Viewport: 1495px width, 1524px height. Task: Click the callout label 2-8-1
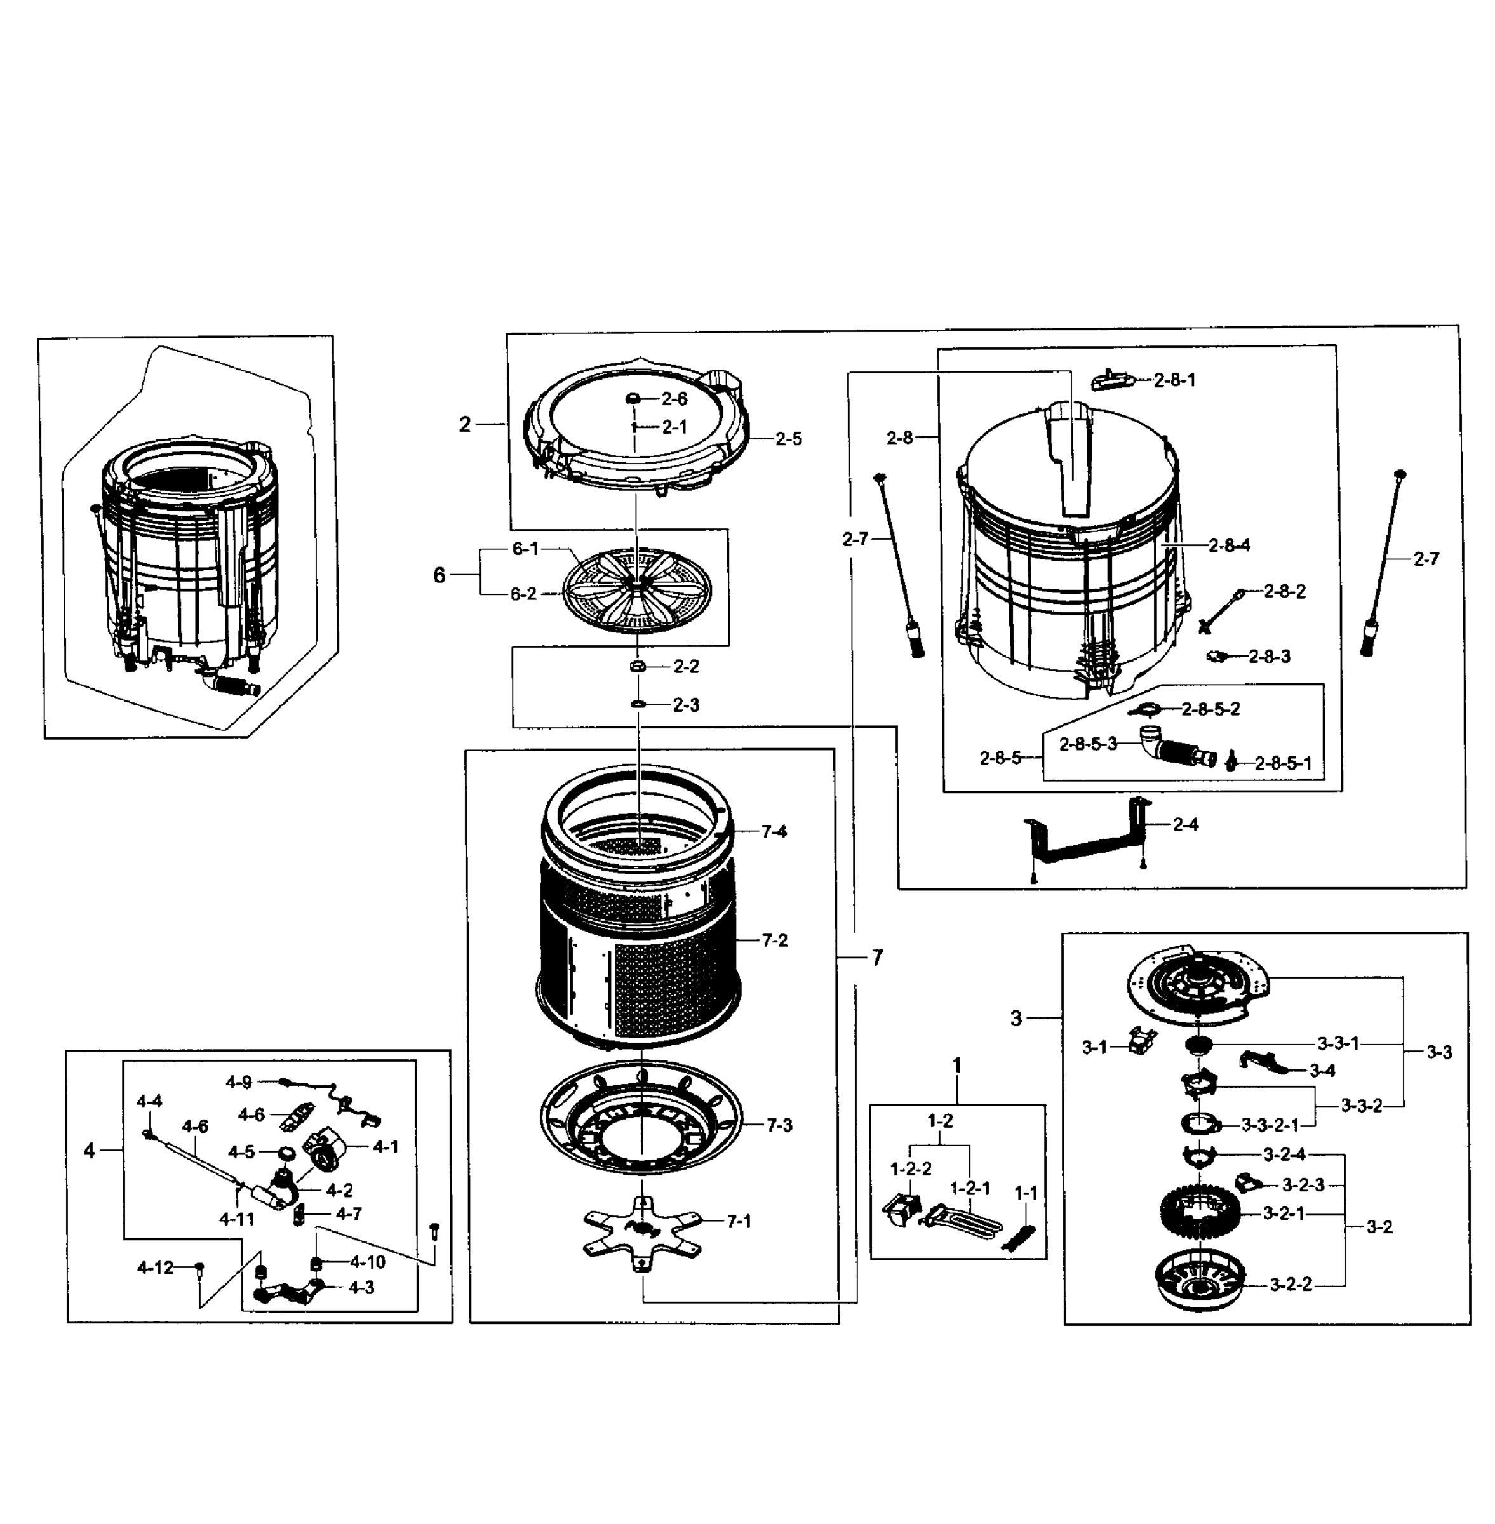(1175, 380)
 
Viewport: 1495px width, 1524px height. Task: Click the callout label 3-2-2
(1291, 1285)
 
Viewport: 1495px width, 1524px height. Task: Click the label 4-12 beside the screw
(155, 1267)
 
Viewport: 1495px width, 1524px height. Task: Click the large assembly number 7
(877, 957)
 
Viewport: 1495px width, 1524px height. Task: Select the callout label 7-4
(774, 831)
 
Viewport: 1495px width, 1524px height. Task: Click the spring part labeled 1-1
(1023, 1241)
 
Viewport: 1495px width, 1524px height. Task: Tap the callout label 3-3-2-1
(1270, 1125)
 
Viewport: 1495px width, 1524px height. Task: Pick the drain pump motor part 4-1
(326, 1149)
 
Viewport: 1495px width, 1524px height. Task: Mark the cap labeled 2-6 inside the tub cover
(632, 399)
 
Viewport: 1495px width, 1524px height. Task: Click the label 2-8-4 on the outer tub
(1229, 545)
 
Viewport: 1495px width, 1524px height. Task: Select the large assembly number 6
(439, 575)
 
